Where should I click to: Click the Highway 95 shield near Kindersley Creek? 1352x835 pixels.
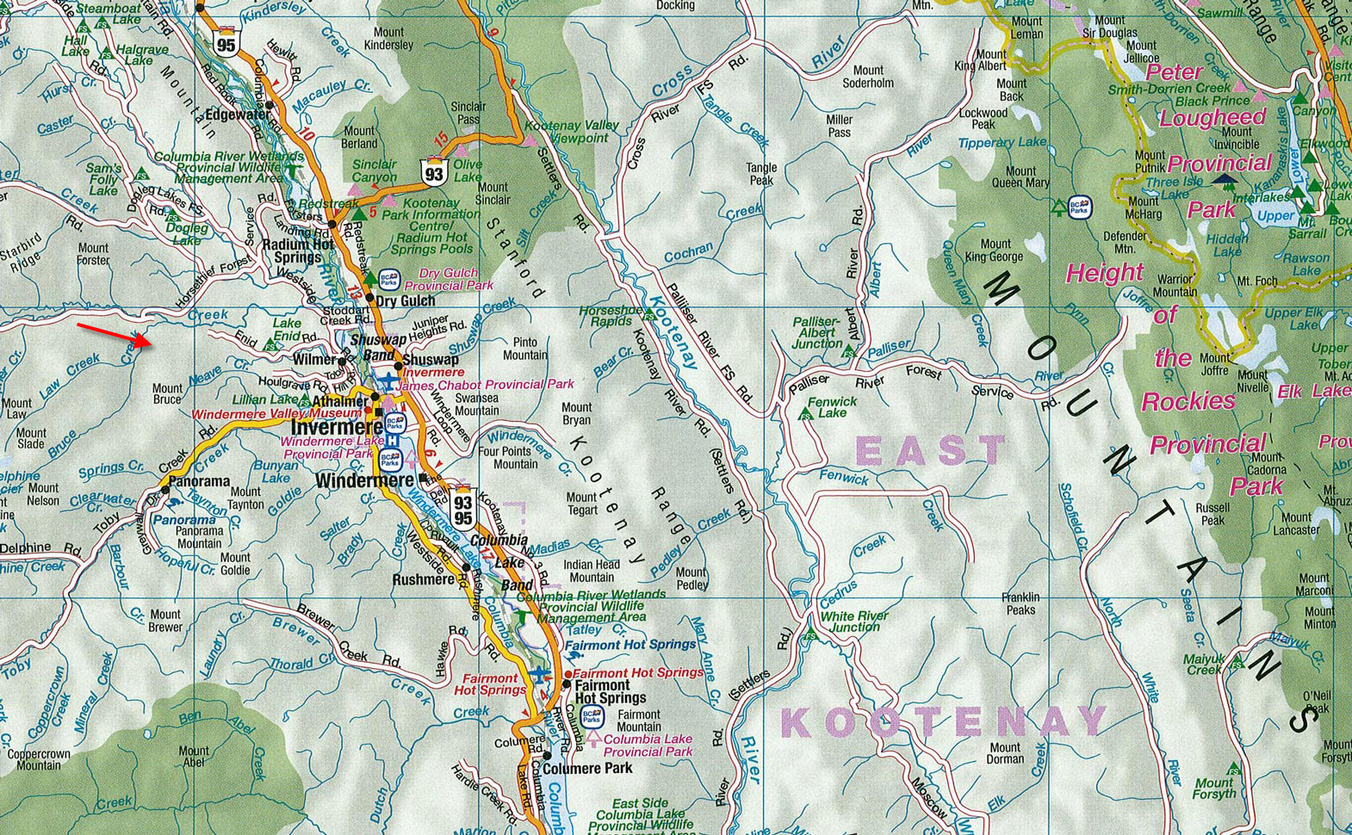coord(226,44)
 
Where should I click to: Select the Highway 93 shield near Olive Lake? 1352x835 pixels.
coord(433,173)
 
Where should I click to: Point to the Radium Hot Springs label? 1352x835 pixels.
coord(298,250)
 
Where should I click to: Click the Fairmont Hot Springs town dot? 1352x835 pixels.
coord(566,683)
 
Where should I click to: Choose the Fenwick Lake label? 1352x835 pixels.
coord(832,407)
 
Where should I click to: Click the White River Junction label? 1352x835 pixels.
coord(850,622)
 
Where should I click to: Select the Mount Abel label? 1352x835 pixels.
coord(195,757)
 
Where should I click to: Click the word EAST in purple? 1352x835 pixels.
coord(931,450)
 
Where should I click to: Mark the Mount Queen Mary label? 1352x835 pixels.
coord(1020,176)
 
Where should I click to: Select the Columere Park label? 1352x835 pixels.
coord(588,768)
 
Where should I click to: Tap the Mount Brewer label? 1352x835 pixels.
coord(166,621)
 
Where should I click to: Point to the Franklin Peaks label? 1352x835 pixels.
coord(1020,603)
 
